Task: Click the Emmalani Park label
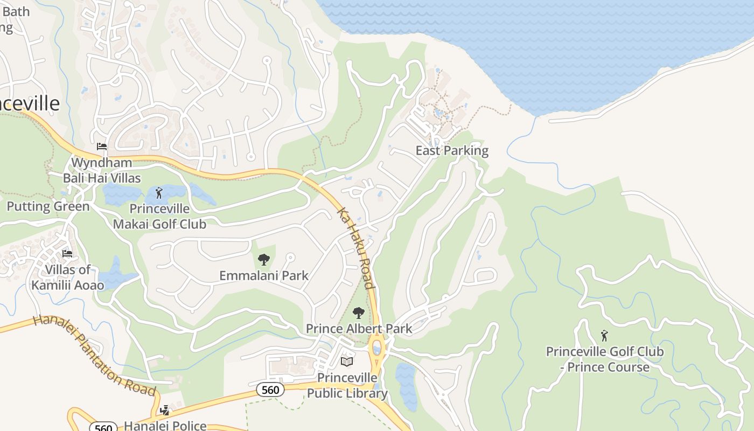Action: click(x=264, y=276)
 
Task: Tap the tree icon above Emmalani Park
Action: click(x=263, y=260)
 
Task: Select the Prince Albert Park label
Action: click(x=359, y=329)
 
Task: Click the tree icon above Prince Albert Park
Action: click(x=358, y=313)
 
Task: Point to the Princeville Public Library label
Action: click(x=347, y=385)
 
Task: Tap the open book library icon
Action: click(x=347, y=362)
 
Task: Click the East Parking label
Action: click(x=452, y=151)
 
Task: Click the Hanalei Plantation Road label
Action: click(x=95, y=356)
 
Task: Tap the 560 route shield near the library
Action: click(x=269, y=390)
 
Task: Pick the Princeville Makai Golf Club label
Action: click(x=159, y=216)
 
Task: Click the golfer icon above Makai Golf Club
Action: click(x=158, y=193)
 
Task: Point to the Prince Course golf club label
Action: click(x=605, y=359)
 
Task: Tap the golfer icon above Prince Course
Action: click(x=604, y=336)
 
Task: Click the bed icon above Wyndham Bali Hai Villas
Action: click(x=101, y=147)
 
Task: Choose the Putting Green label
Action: click(x=48, y=206)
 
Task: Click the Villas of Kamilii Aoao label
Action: click(x=68, y=277)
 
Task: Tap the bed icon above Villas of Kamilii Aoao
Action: click(x=67, y=253)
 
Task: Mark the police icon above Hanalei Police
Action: click(x=164, y=411)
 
